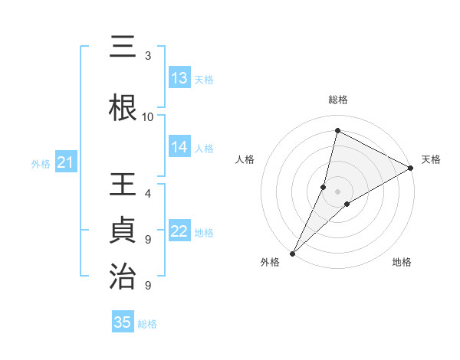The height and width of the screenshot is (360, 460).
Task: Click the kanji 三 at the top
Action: pos(123,47)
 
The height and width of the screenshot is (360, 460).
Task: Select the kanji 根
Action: pos(123,107)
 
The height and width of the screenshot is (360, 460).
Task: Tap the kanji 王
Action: pos(123,186)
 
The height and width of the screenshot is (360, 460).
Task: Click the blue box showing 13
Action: pos(179,78)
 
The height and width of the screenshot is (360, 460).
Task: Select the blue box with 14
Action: pos(179,147)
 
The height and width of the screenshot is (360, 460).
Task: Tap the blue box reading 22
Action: pos(179,232)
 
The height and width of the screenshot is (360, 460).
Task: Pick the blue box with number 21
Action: pos(65,162)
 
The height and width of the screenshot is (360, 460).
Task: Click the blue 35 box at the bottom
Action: pos(123,322)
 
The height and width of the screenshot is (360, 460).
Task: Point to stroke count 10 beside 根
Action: pos(148,116)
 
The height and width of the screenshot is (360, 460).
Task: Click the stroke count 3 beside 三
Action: pos(148,56)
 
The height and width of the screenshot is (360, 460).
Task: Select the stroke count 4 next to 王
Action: pos(148,193)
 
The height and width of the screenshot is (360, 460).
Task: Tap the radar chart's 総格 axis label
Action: pos(338,100)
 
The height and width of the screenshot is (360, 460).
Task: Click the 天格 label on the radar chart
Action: pos(431,159)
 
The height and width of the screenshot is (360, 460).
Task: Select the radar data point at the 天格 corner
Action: pos(411,168)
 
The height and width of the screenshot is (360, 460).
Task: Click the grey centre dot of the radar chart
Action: pos(338,191)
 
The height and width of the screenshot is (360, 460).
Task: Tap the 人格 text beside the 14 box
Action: pos(203,148)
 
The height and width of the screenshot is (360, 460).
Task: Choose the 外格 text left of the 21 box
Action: pos(40,163)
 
